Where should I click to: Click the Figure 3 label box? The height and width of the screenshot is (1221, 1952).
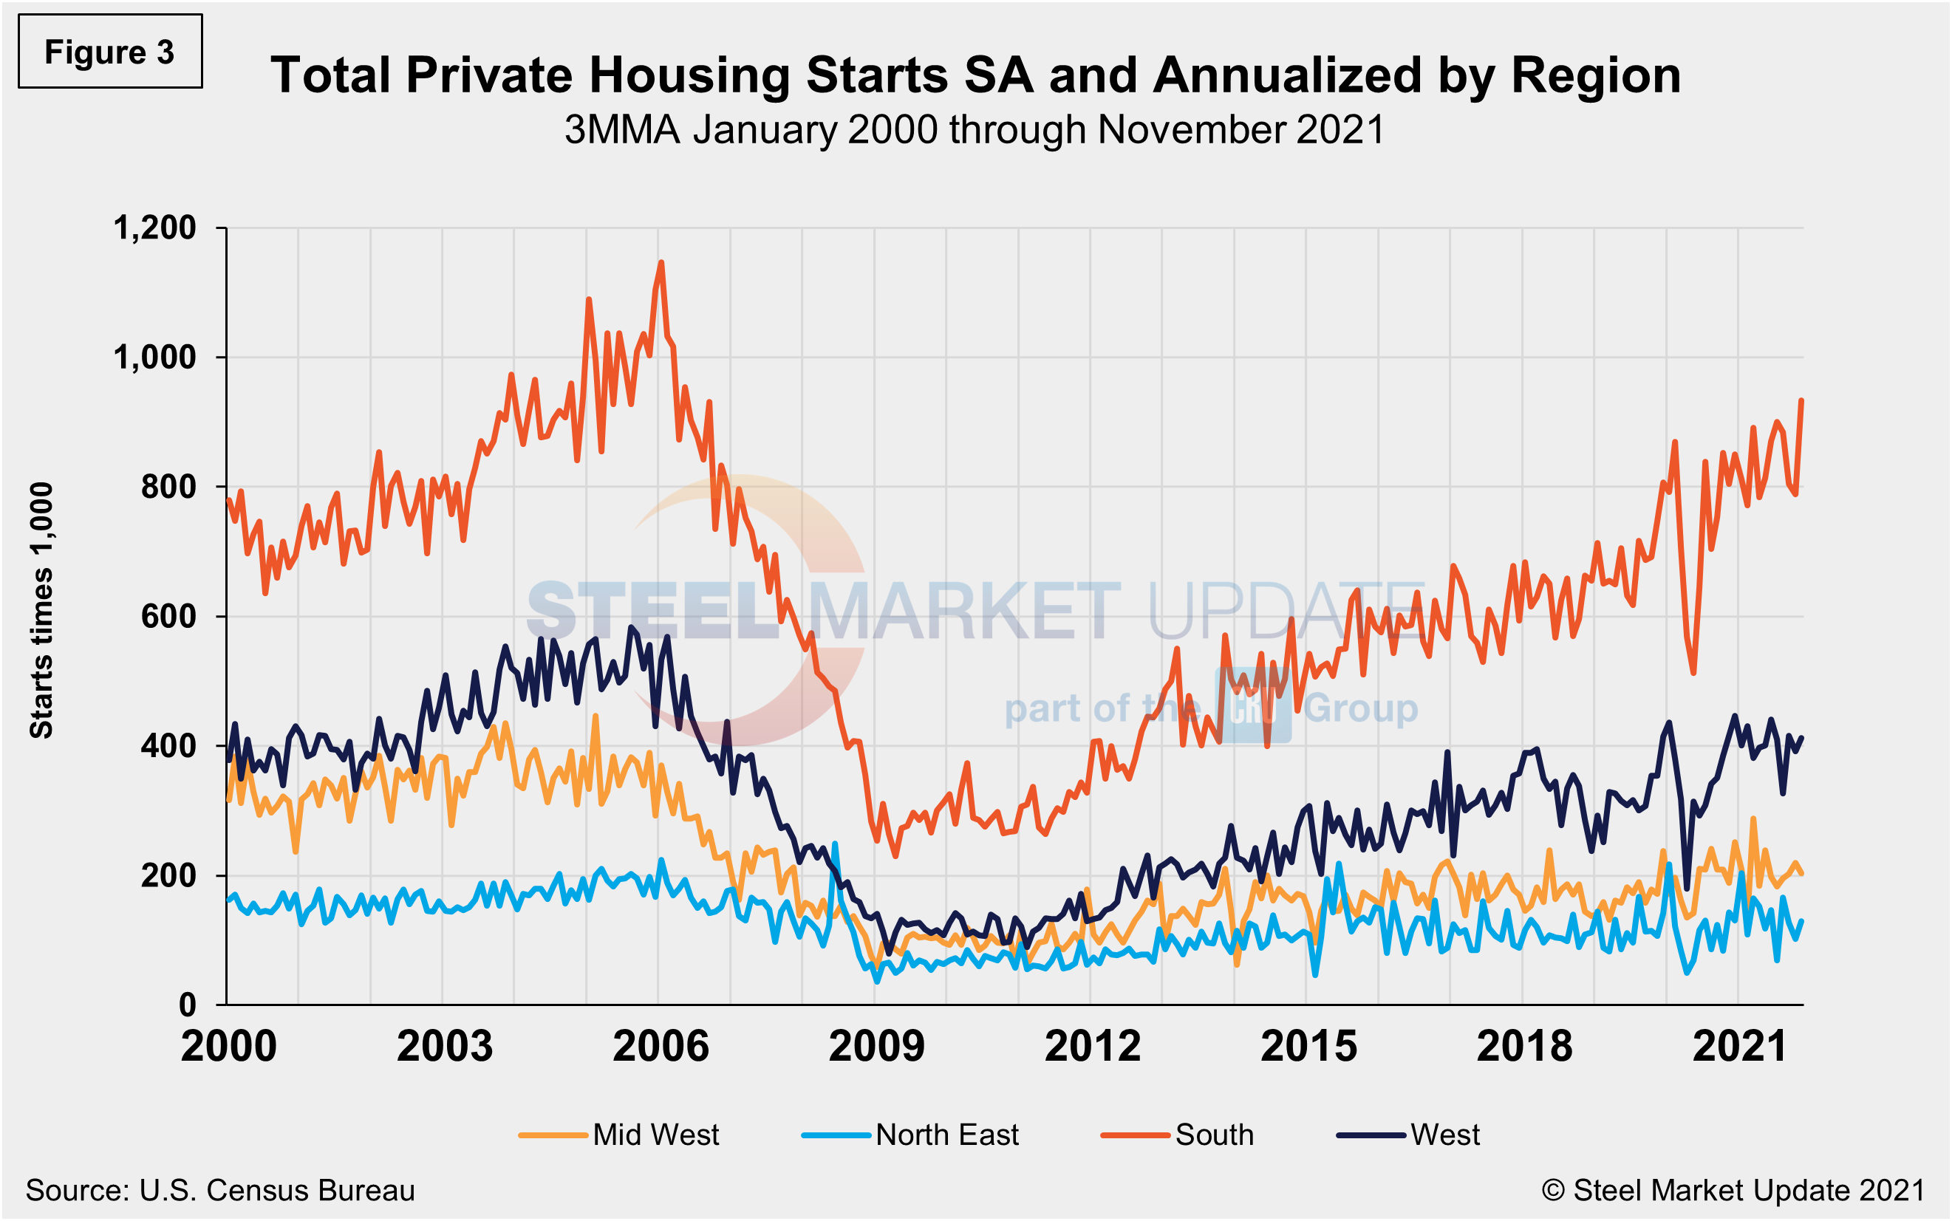tap(110, 52)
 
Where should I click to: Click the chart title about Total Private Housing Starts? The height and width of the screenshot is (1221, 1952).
tap(975, 75)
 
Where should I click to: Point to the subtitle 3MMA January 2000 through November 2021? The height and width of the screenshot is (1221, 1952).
tap(974, 129)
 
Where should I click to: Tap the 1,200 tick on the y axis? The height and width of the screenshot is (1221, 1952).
tap(154, 228)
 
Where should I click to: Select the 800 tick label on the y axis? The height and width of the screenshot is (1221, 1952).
tap(168, 487)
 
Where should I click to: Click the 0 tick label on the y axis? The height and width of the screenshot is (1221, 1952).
tap(187, 1005)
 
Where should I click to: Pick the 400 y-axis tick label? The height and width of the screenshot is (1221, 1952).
tap(168, 745)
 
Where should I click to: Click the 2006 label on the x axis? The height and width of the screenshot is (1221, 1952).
tap(660, 1047)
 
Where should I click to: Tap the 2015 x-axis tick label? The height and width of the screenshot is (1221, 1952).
tap(1308, 1047)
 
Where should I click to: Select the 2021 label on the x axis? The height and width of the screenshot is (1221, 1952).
tap(1740, 1047)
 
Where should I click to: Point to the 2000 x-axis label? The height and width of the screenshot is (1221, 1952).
tap(228, 1047)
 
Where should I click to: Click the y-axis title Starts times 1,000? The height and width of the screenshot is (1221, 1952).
tap(41, 610)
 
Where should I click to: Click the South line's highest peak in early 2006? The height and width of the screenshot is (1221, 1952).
tap(661, 262)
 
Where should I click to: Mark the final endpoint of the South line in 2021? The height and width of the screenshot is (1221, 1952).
tap(1802, 400)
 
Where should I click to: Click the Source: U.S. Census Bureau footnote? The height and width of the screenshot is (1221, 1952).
tap(219, 1190)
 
